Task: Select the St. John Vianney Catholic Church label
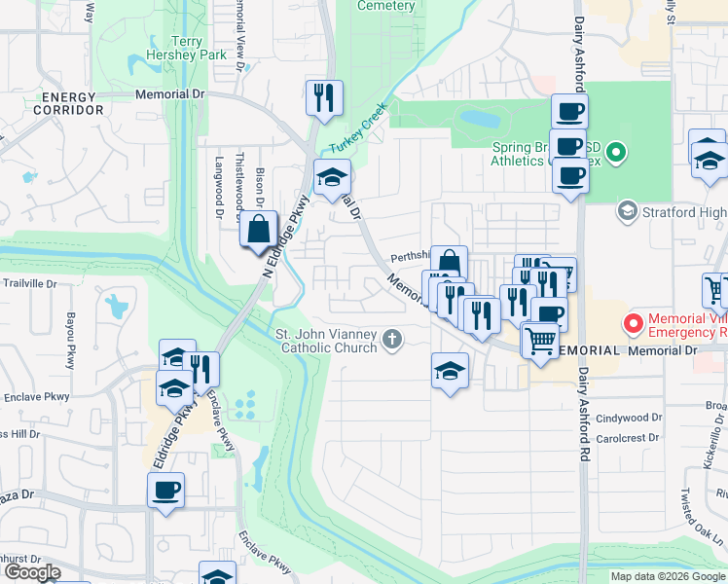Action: (326, 340)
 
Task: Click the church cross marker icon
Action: (392, 339)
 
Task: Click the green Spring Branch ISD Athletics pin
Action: (615, 152)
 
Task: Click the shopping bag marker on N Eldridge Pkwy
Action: (259, 232)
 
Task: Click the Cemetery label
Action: (385, 6)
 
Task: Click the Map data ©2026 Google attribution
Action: (667, 576)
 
